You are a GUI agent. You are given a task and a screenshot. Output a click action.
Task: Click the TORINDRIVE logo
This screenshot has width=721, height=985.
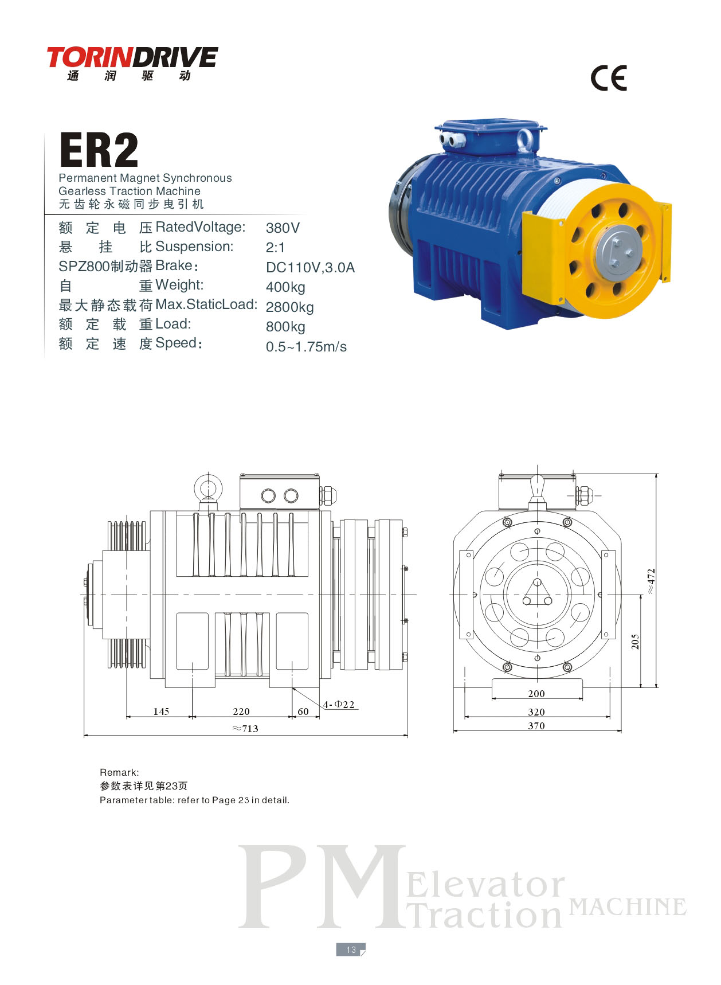[x=132, y=63]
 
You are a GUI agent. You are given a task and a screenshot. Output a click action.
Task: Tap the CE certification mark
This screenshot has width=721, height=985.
[x=609, y=77]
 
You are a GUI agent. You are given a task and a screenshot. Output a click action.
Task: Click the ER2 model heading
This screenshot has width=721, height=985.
[x=99, y=150]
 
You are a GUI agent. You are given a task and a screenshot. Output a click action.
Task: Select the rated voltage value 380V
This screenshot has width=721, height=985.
[x=283, y=228]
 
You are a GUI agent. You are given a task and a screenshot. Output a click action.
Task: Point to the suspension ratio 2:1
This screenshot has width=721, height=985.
[x=275, y=247]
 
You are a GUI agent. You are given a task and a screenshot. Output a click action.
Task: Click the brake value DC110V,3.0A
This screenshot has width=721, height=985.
[x=310, y=267]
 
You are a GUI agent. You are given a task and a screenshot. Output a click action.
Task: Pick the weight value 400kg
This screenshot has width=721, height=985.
[x=285, y=287]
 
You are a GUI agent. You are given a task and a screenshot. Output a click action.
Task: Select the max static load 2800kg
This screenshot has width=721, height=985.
[x=289, y=307]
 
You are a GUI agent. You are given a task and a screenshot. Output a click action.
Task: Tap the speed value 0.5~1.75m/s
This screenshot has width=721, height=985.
[x=306, y=346]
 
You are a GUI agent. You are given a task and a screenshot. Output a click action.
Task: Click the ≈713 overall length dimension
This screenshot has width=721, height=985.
[x=245, y=728]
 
